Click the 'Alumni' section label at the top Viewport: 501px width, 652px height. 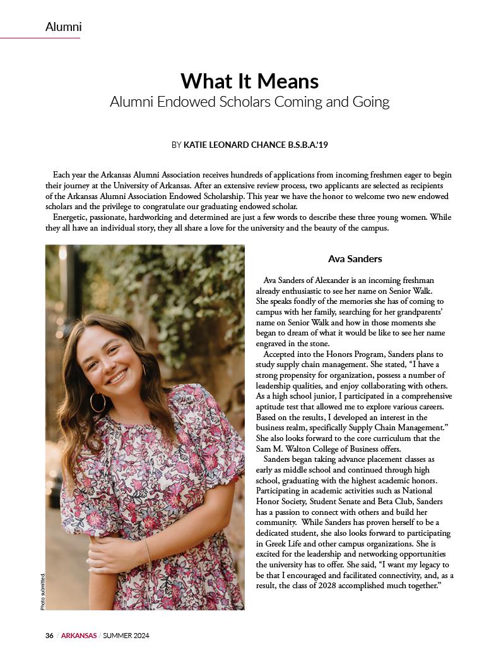(63, 27)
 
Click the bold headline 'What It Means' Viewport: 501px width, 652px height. (250, 81)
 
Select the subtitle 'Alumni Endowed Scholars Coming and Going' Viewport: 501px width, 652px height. (250, 101)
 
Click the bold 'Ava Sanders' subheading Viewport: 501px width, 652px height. (355, 259)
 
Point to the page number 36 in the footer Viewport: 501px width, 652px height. (49, 635)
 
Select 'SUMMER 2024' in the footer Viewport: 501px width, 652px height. (126, 635)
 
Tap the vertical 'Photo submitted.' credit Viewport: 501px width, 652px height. (43, 591)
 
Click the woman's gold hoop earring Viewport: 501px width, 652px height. (98, 402)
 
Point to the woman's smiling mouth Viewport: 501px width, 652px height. (117, 378)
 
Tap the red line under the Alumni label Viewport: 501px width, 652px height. (40, 38)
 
